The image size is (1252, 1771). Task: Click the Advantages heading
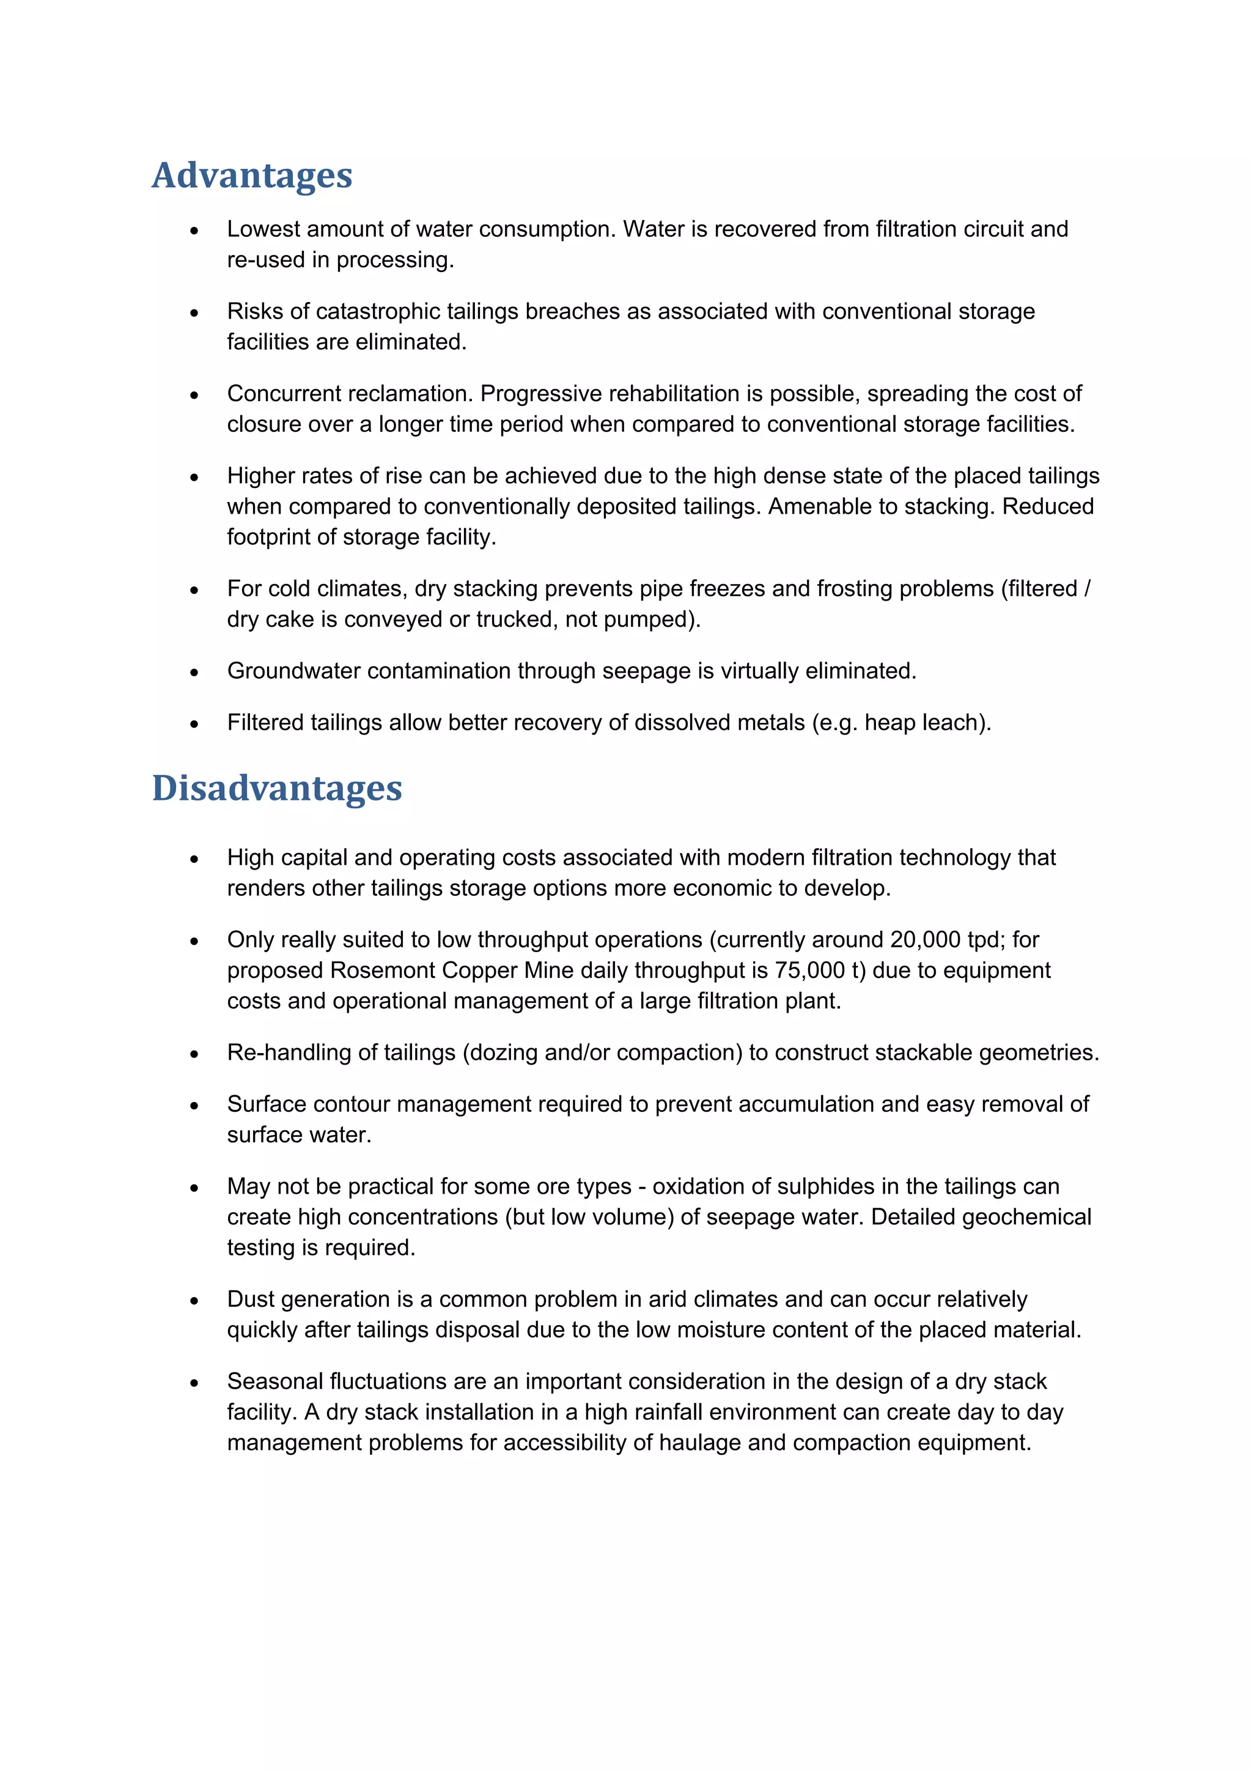[251, 176]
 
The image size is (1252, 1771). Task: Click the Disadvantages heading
[277, 788]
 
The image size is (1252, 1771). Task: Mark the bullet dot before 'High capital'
[194, 859]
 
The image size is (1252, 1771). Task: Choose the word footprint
[269, 538]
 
